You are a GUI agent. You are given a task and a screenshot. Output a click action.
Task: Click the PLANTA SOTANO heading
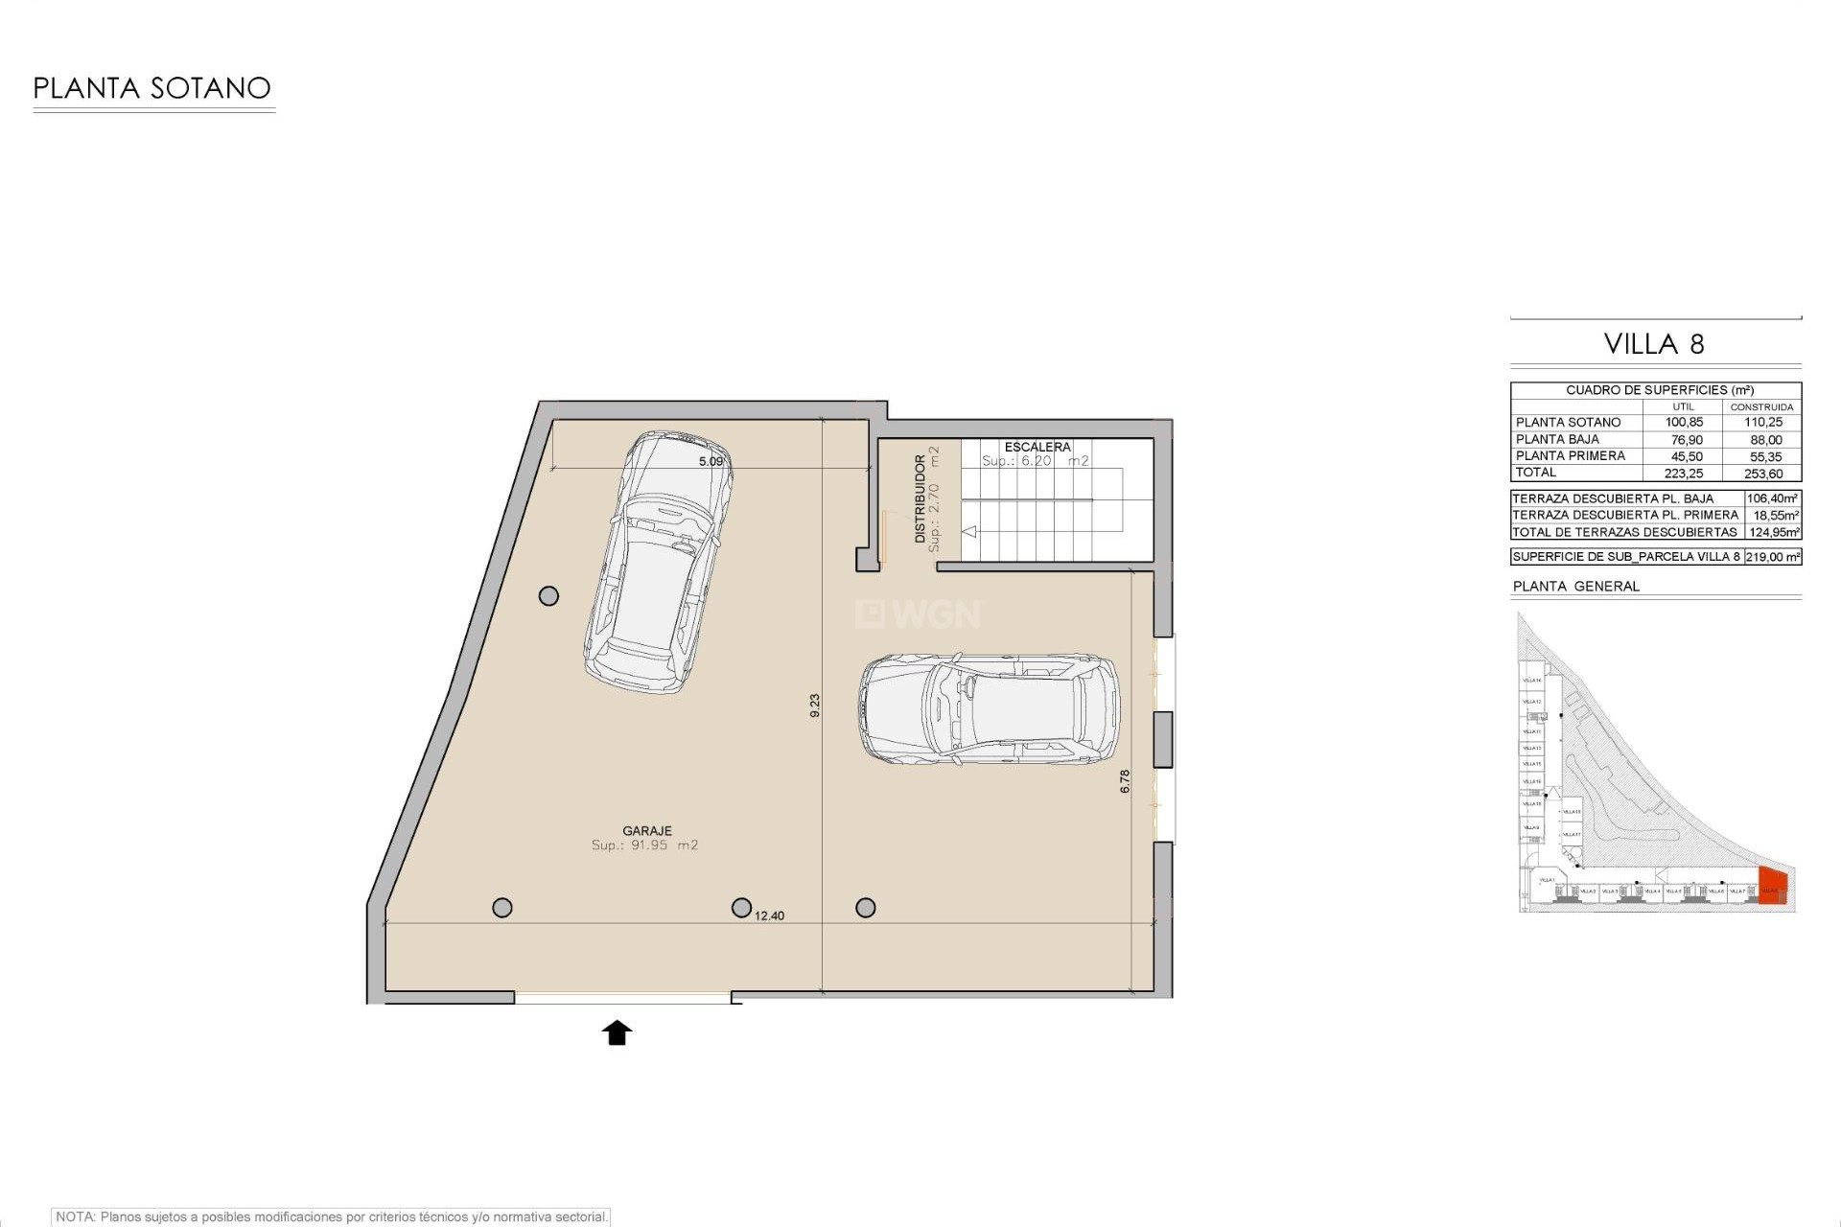pyautogui.click(x=152, y=88)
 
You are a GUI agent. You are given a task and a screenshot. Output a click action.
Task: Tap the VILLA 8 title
pyautogui.click(x=1654, y=344)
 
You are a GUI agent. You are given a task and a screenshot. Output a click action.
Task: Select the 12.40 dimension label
pyautogui.click(x=769, y=915)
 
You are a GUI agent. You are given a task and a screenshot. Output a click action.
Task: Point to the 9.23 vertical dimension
pyautogui.click(x=815, y=706)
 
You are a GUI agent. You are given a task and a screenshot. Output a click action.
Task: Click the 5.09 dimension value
pyautogui.click(x=711, y=462)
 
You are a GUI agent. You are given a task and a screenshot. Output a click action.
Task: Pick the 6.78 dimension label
pyautogui.click(x=1125, y=780)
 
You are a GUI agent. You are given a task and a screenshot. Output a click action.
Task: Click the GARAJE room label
pyautogui.click(x=646, y=831)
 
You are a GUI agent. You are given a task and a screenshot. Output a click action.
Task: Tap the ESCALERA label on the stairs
pyautogui.click(x=1037, y=447)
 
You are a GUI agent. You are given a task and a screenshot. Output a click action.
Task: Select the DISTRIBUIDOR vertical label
pyautogui.click(x=920, y=499)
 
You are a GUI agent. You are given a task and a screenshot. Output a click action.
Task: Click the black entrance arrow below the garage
pyautogui.click(x=617, y=1032)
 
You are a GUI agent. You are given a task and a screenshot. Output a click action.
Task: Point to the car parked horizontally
pyautogui.click(x=989, y=709)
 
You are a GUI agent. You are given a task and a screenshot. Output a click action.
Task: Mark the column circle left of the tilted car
pyautogui.click(x=548, y=596)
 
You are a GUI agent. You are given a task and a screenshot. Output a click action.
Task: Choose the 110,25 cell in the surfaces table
pyautogui.click(x=1763, y=423)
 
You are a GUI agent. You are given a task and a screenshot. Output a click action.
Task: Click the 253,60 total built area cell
pyautogui.click(x=1763, y=474)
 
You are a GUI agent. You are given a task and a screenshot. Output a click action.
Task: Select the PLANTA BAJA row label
pyautogui.click(x=1557, y=439)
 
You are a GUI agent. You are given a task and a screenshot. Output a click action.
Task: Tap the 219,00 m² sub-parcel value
pyautogui.click(x=1772, y=557)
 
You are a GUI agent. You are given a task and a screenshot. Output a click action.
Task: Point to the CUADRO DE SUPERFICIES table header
pyautogui.click(x=1659, y=390)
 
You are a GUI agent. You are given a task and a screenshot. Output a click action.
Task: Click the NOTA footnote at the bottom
pyautogui.click(x=331, y=1216)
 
